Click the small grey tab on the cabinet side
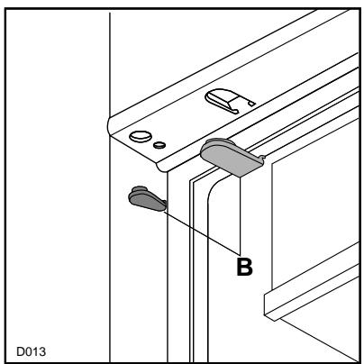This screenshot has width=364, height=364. (146, 198)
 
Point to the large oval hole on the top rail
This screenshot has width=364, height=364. (140, 137)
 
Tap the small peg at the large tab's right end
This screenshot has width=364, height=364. (261, 161)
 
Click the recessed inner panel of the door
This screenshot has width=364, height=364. (306, 225)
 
